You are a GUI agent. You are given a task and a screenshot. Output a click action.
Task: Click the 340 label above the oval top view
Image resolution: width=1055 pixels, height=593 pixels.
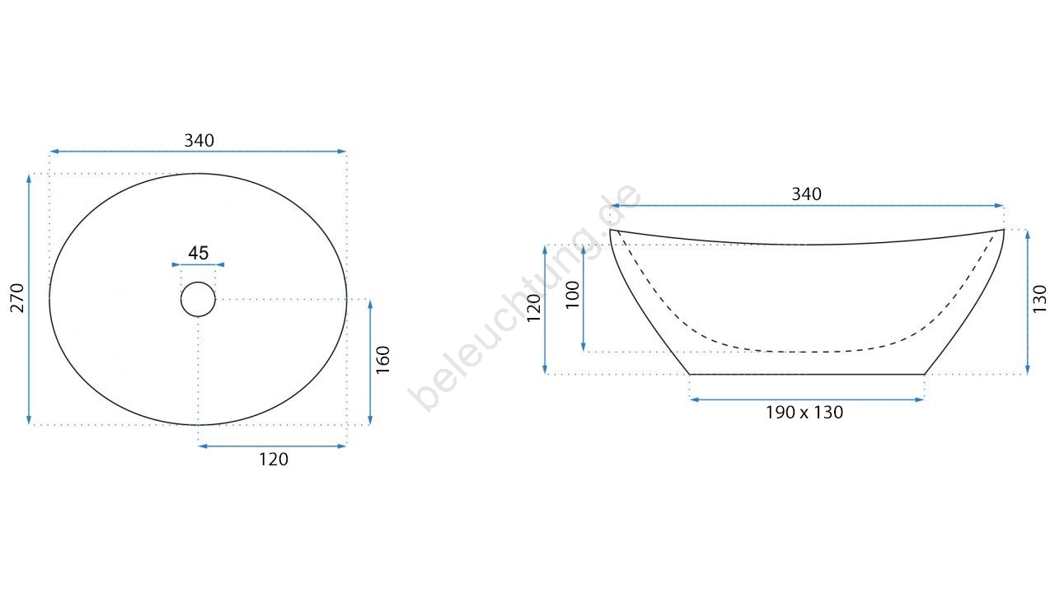(x=199, y=140)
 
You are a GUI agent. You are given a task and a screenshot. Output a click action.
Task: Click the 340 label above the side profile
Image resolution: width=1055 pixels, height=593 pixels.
(x=806, y=194)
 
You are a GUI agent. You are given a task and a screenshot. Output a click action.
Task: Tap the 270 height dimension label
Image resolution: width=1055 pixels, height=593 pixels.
(x=17, y=298)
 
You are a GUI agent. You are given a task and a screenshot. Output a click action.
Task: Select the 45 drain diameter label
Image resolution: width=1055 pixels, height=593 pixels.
(x=199, y=253)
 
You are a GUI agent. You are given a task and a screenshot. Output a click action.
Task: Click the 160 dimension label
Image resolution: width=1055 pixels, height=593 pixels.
(x=383, y=360)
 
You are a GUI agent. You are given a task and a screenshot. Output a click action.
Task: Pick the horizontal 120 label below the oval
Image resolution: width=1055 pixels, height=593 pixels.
(x=274, y=460)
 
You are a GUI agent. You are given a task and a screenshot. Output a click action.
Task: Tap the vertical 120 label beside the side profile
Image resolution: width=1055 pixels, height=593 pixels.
(x=533, y=308)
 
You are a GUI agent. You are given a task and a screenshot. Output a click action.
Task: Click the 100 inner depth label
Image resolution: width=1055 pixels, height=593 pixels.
(x=572, y=295)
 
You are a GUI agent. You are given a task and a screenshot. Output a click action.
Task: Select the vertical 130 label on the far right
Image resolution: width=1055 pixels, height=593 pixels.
(x=1039, y=299)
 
